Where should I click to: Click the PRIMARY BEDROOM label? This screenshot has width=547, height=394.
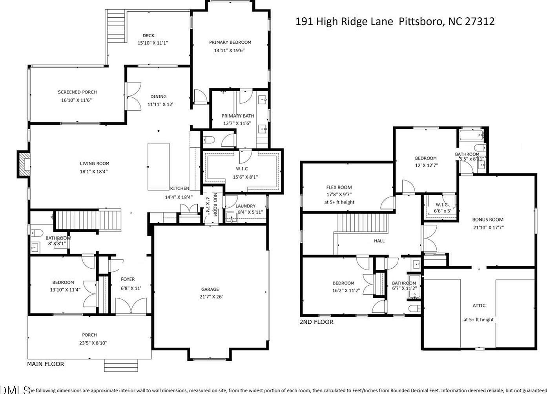tap(230, 42)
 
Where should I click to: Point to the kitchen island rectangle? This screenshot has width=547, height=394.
tap(159, 167)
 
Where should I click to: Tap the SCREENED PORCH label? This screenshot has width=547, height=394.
tap(77, 92)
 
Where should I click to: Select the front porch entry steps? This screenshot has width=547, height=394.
tap(121, 365)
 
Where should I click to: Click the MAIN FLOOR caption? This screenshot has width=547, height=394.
tap(46, 364)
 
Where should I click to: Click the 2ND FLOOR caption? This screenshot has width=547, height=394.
tap(317, 322)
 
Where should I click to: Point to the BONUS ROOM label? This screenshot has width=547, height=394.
tap(488, 220)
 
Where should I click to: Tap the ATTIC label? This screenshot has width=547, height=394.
tap(479, 306)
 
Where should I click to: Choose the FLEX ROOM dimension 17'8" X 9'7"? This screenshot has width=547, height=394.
tap(339, 194)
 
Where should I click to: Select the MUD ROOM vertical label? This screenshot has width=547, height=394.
tap(215, 205)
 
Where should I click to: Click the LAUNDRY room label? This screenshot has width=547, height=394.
tap(245, 206)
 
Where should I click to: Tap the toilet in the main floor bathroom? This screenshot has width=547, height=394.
tap(36, 233)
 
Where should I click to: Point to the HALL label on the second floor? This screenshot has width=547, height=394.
tap(379, 241)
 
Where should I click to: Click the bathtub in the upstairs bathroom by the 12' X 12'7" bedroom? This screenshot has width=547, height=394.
tap(471, 136)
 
